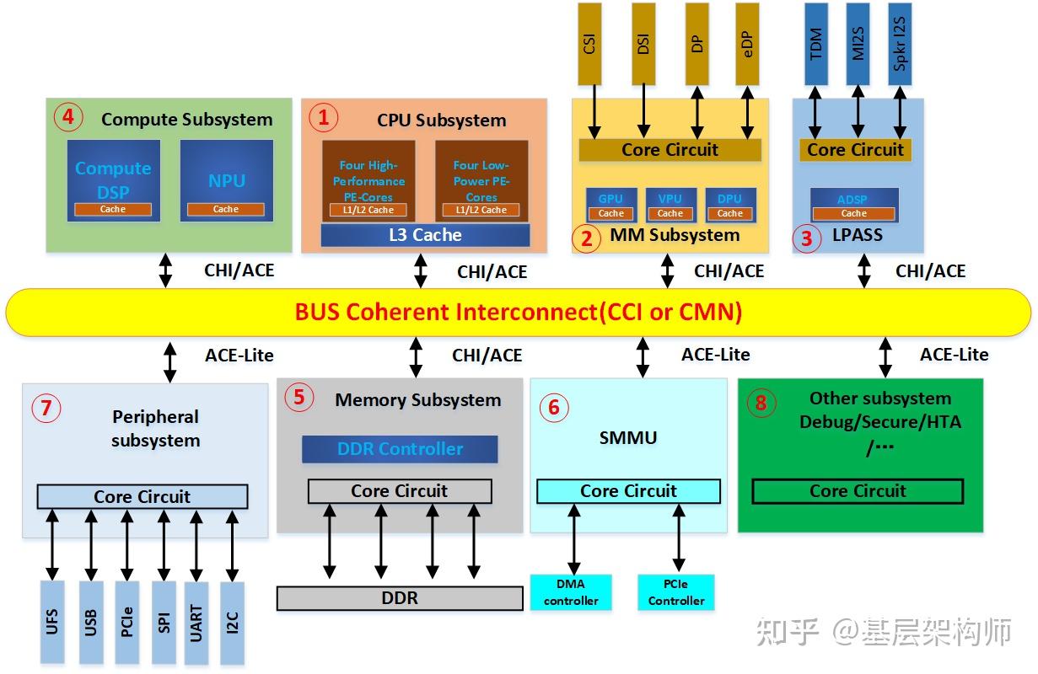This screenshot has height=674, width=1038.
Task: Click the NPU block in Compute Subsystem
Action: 226,180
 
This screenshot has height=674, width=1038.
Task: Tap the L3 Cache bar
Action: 425,235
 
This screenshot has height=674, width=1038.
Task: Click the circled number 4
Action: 67,117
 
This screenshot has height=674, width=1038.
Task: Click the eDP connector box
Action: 747,44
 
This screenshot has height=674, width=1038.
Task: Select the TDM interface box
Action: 816,44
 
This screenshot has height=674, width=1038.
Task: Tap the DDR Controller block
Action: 400,449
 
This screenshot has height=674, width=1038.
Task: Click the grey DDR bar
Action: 400,598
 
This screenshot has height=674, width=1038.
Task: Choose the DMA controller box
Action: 571,592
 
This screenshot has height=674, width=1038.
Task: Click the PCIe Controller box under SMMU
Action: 676,592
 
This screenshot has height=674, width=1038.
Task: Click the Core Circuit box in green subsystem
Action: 858,491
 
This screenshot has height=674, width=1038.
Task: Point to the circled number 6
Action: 553,408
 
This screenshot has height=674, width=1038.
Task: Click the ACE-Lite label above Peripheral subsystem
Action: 239,356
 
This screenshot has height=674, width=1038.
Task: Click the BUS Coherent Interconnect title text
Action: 518,313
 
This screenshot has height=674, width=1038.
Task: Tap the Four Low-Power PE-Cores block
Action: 481,180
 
